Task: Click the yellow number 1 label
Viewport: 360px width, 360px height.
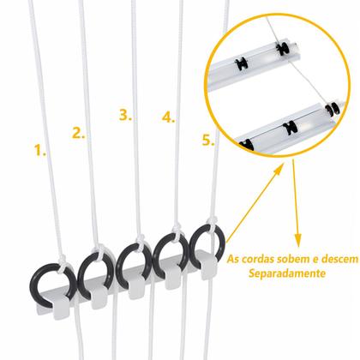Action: [x=40, y=151]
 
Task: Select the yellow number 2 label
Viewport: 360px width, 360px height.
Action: [x=79, y=133]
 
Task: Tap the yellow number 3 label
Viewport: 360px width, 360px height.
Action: [x=126, y=114]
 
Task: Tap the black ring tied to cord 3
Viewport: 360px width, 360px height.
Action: [x=135, y=261]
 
